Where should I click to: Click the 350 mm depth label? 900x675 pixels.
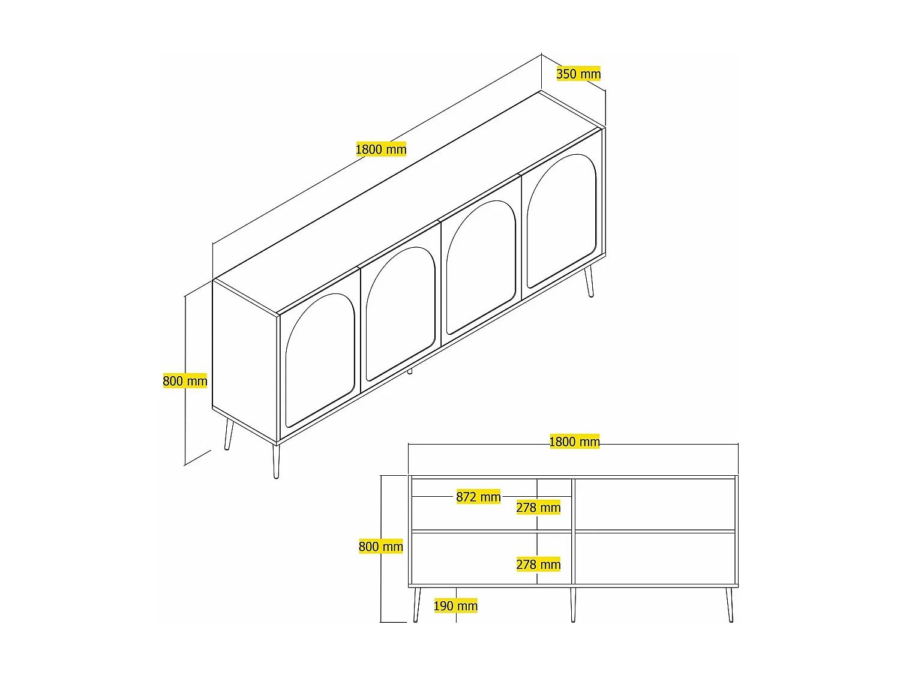pos(578,74)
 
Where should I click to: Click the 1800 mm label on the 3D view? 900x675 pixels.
pos(381,149)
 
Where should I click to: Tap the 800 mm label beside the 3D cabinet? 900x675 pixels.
pos(185,381)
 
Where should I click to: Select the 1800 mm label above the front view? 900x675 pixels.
pos(574,442)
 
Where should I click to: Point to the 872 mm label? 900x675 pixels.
pos(478,497)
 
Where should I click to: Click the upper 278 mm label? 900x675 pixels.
pos(538,508)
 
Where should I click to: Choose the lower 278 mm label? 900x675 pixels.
pos(538,565)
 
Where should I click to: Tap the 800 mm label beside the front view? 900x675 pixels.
pos(380,547)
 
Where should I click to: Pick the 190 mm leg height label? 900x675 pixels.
pos(455,606)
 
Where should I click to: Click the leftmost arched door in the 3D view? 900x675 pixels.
pos(320,360)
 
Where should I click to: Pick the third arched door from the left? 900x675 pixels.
pos(481,267)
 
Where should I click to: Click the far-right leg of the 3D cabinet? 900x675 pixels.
pos(589,282)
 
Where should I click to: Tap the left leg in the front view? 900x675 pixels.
pos(416,604)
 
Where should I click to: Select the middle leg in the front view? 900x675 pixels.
pos(573,604)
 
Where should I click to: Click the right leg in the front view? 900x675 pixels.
pos(730,604)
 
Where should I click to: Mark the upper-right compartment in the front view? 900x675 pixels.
pos(655,504)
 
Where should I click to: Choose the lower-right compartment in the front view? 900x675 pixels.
pos(655,558)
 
